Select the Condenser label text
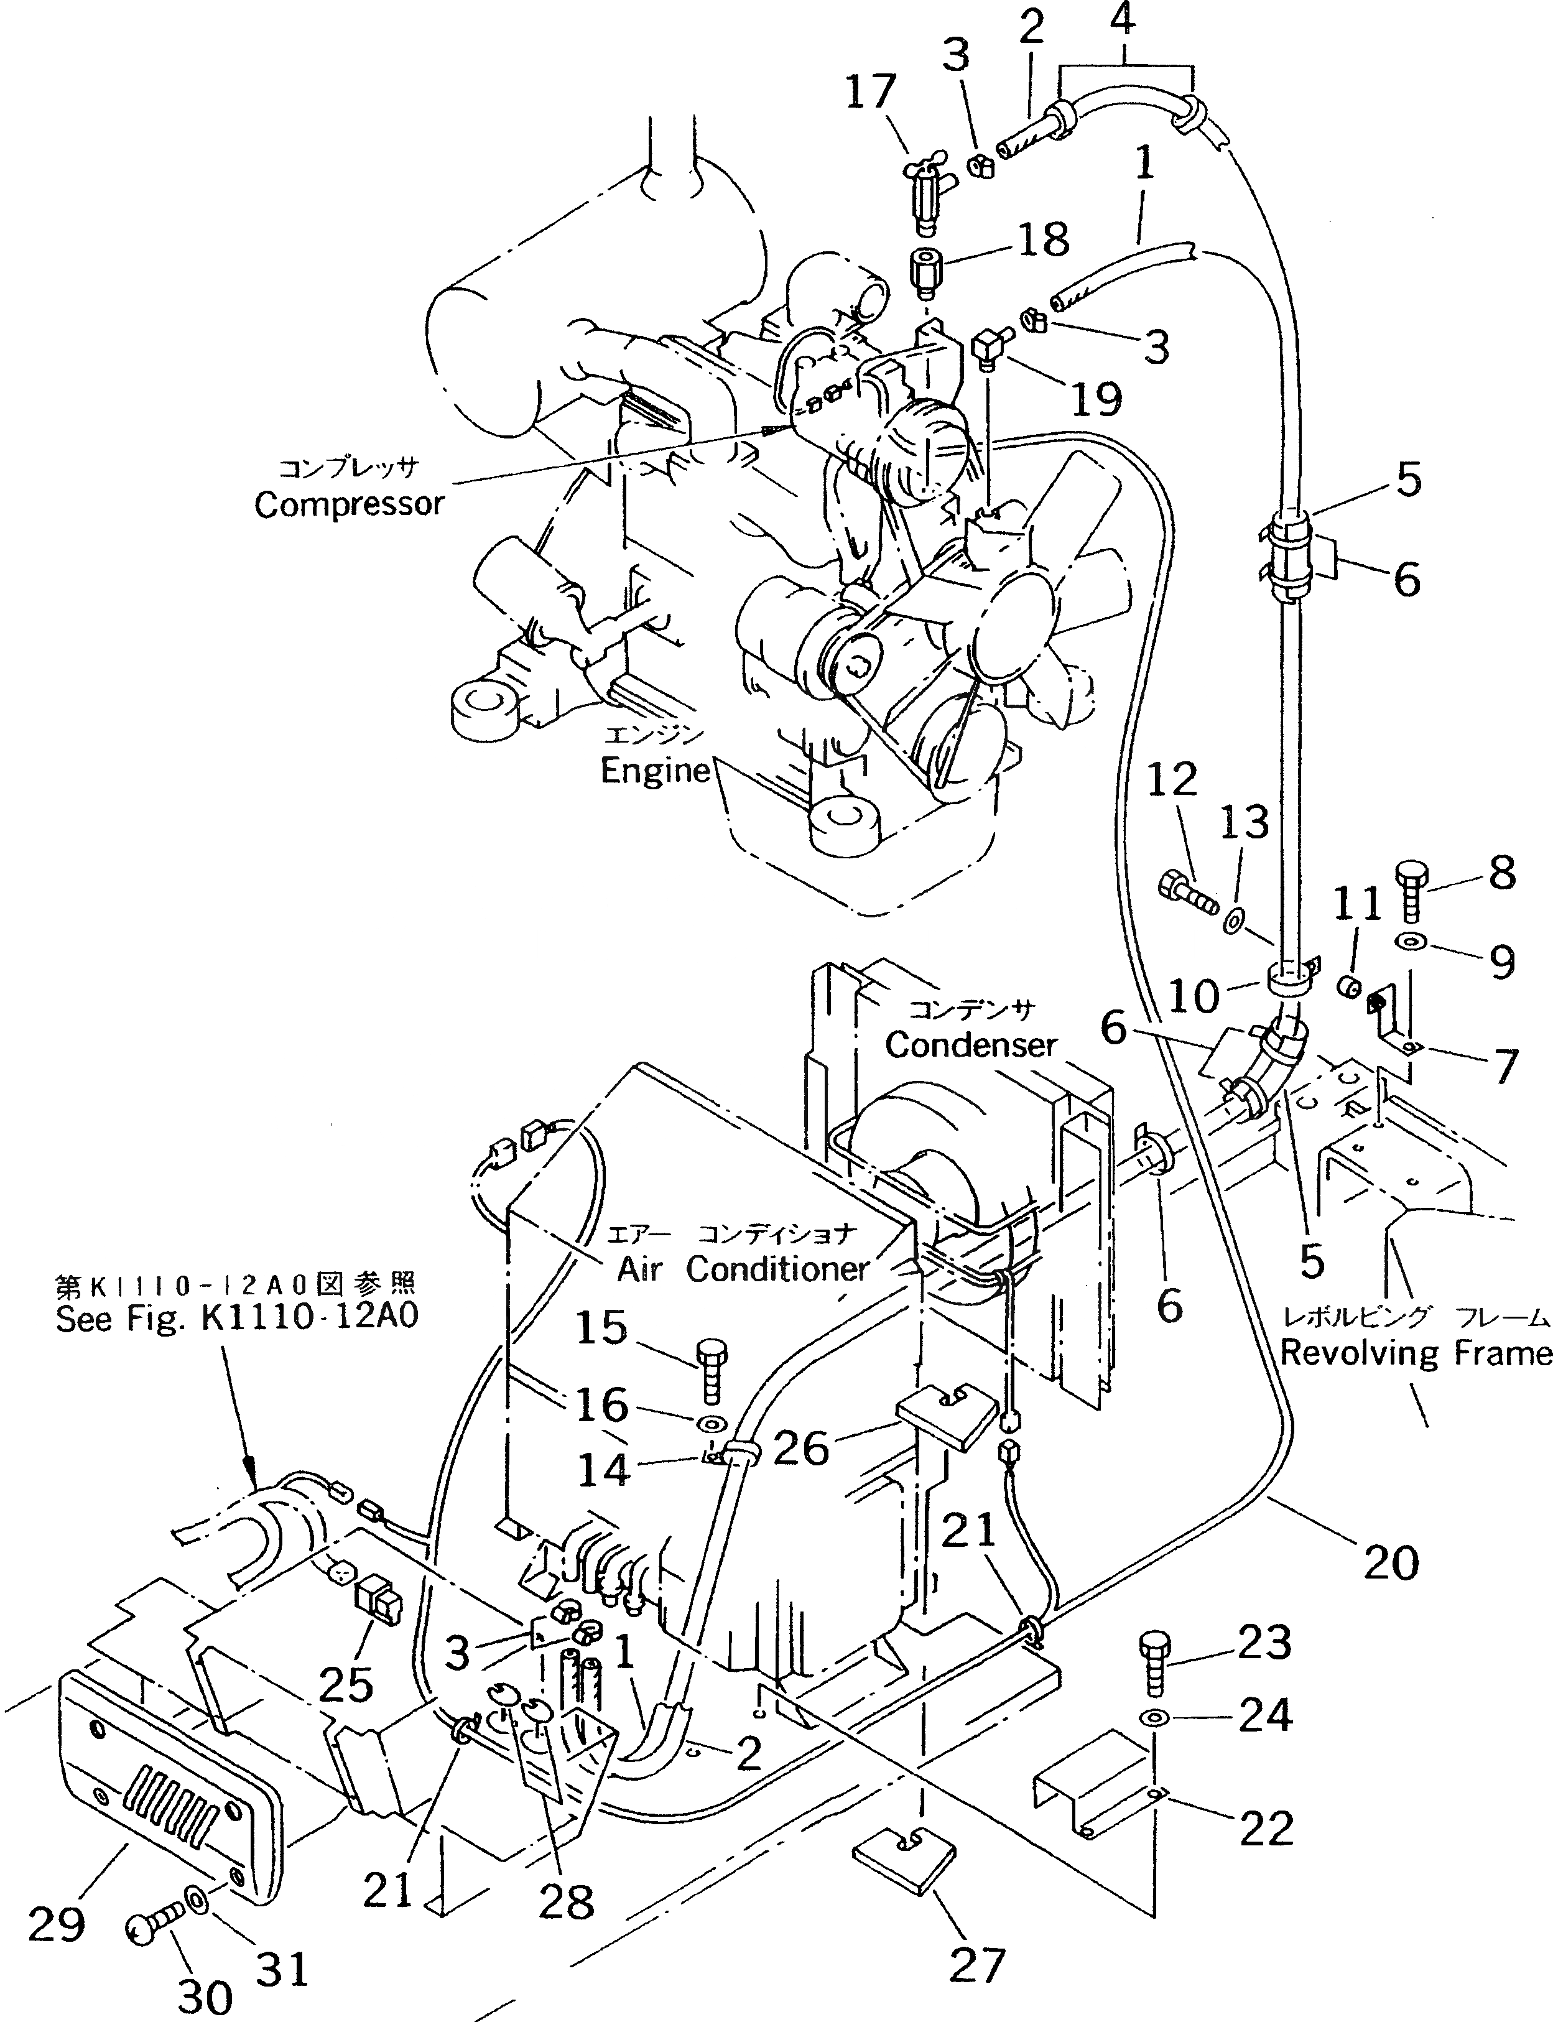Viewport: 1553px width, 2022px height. coord(971,1045)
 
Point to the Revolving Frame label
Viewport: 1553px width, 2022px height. coord(1414,1353)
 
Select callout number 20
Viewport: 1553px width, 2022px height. coord(1390,1564)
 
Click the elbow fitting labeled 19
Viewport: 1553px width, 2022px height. coord(987,352)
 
